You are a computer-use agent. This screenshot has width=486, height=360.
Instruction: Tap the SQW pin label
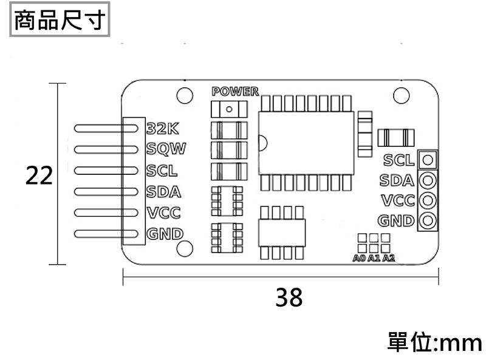[166, 148]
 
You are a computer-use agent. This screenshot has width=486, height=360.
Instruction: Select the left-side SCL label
[163, 171]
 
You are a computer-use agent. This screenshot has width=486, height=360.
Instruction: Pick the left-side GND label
[165, 234]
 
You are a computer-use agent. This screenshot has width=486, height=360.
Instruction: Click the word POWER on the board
[234, 92]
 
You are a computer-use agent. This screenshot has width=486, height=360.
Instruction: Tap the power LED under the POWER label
[229, 109]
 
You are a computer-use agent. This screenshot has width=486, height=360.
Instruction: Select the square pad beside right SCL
[428, 160]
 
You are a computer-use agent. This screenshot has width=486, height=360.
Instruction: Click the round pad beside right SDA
[428, 180]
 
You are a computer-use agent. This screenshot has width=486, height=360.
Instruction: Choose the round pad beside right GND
[428, 220]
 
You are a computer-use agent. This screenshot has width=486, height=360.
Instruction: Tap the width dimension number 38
[289, 297]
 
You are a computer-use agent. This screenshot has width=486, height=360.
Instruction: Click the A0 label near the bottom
[359, 259]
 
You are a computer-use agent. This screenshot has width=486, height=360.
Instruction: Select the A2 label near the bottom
[388, 259]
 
